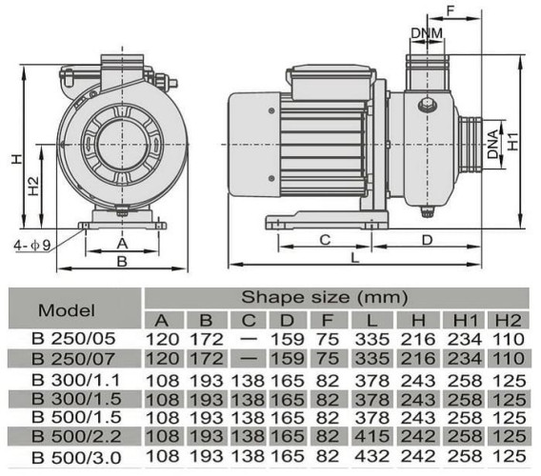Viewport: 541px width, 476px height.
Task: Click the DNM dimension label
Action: tap(426, 35)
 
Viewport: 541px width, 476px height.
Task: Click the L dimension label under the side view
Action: tap(354, 257)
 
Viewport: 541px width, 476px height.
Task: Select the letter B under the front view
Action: tap(121, 260)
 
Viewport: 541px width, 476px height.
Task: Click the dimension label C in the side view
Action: tap(324, 238)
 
